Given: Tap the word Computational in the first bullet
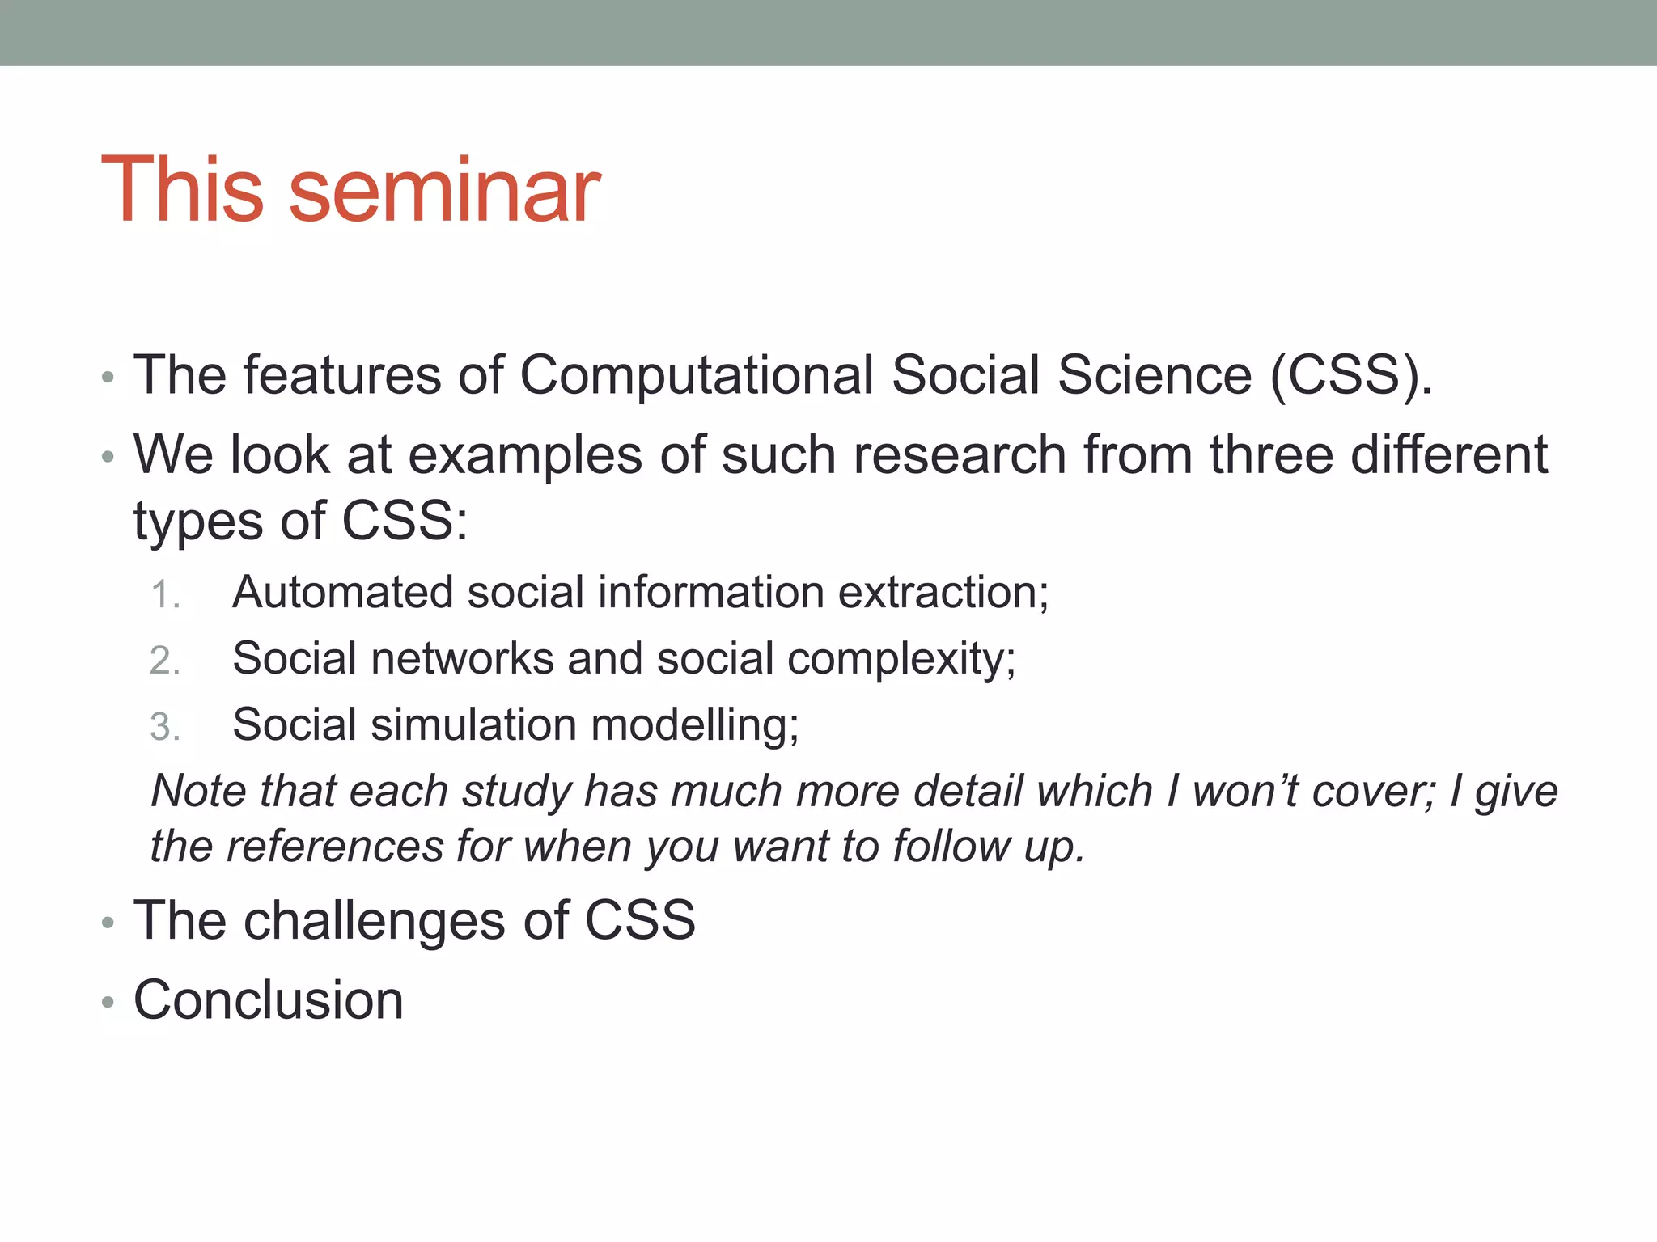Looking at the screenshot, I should pyautogui.click(x=697, y=375).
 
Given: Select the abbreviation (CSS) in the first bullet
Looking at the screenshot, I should pyautogui.click(x=1350, y=377).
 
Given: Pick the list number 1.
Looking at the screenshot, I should pyautogui.click(x=164, y=595).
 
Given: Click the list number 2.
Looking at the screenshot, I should pyautogui.click(x=164, y=661).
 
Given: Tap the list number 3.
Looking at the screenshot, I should pyautogui.click(x=164, y=727).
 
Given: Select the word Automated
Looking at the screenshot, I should pyautogui.click(x=342, y=592).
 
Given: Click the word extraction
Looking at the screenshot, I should pyautogui.click(x=943, y=592).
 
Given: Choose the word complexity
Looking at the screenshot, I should pyautogui.click(x=901, y=660).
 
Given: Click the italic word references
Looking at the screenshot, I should pyautogui.click(x=334, y=847).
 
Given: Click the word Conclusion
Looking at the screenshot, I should pyautogui.click(x=268, y=1000).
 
